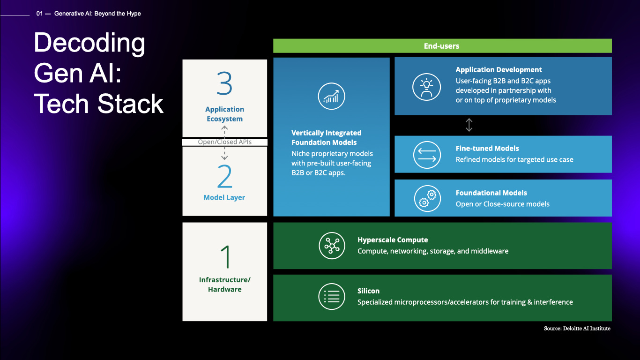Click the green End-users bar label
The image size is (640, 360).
pos(441,46)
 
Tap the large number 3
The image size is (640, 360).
pos(225,84)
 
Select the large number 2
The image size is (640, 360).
pos(224,177)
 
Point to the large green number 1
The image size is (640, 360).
pos(225,257)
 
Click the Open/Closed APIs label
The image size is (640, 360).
pos(224,142)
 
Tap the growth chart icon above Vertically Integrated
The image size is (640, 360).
pos(331,97)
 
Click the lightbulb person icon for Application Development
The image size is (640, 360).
pos(426,87)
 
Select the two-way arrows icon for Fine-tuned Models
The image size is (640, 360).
pos(426,155)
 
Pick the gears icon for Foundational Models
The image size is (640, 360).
pos(427,198)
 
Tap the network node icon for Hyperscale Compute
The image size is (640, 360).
pos(332,245)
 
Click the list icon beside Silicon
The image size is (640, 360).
pos(332,296)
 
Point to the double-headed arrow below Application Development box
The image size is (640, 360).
pos(469,125)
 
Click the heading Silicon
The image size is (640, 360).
pos(368,291)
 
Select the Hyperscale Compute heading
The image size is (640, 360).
pos(393,240)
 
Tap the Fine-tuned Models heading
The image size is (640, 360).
pos(487,149)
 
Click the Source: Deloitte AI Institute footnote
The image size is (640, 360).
pos(577,329)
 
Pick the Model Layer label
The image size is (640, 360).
pos(224,198)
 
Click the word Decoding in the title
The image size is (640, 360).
pos(89,43)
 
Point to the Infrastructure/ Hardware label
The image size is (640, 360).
pos(225,285)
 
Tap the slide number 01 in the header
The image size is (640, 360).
pos(39,14)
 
